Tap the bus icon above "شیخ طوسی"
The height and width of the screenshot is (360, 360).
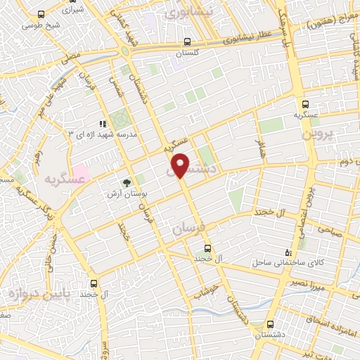(41, 14)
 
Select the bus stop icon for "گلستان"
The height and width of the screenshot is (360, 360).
(186, 41)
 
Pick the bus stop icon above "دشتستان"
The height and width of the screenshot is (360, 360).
(271, 324)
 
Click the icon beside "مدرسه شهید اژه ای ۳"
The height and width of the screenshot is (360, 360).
(103, 124)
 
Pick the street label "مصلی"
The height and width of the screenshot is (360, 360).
(70, 56)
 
